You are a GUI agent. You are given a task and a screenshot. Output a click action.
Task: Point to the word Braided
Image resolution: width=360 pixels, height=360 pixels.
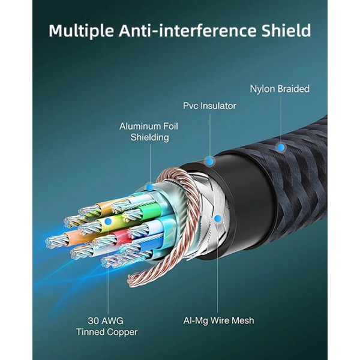295,89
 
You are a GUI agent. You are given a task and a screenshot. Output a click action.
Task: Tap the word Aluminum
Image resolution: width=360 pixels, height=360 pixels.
140,126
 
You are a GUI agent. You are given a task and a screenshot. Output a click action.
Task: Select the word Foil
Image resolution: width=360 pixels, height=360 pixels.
175,126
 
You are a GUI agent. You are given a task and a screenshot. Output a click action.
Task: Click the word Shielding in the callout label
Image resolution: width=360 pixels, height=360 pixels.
150,137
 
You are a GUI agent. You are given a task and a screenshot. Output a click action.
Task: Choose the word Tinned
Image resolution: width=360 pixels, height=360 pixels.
91,332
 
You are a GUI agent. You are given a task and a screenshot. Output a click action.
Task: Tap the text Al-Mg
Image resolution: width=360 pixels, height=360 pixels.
196,320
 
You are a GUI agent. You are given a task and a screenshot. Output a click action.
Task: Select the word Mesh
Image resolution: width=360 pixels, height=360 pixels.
242,320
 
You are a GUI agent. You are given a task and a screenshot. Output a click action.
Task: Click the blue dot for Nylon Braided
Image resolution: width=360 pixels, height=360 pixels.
279,146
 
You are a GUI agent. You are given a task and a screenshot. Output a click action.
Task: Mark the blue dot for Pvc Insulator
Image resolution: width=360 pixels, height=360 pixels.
209,161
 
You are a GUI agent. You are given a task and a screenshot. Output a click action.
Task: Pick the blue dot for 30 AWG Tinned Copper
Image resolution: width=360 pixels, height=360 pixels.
107,221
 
